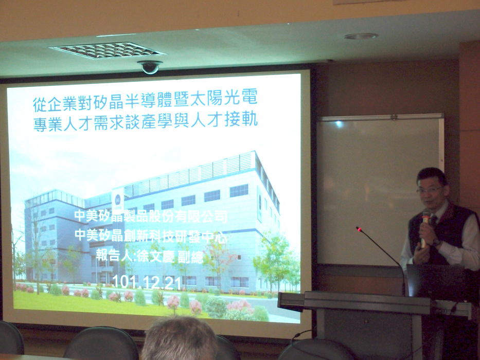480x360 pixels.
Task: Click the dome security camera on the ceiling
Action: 150,67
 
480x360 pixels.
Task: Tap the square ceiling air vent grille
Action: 108,50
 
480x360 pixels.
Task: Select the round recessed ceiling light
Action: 361,37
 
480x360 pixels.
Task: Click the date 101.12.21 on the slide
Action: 147,282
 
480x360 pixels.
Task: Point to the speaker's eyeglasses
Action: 429,190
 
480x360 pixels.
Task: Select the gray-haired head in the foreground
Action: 180,338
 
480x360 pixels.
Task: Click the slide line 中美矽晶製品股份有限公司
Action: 151,216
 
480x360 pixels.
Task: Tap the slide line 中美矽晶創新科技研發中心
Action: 151,236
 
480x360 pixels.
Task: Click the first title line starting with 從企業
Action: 145,100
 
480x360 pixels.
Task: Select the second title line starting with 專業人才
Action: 146,121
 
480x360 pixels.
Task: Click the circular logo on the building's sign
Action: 118,198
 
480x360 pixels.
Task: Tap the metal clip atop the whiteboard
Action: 394,117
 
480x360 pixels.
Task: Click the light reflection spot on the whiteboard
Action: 339,124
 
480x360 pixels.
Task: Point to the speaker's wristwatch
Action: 437,242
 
